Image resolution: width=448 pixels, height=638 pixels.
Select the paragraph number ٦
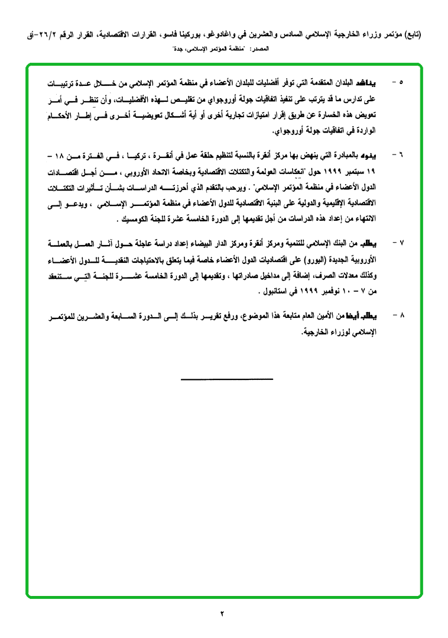click(401, 154)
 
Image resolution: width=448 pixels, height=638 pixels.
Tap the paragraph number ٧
click(401, 243)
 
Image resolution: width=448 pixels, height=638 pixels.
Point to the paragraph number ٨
click(401, 315)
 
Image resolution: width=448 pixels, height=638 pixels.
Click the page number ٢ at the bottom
click(223, 613)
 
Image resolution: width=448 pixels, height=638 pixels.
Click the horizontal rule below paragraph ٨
click(227, 379)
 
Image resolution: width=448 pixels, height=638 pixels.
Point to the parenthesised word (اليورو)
click(304, 259)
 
